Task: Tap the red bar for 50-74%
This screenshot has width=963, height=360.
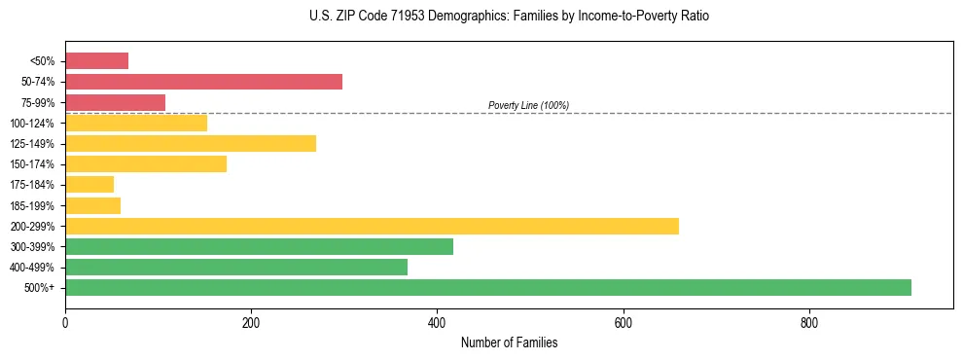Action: (203, 81)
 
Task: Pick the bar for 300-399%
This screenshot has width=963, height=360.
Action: (259, 246)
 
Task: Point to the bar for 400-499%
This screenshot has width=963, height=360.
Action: (236, 267)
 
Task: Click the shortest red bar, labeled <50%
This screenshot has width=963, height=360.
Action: (96, 60)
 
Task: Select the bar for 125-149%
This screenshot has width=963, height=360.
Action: (191, 143)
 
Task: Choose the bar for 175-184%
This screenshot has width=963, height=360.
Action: (89, 184)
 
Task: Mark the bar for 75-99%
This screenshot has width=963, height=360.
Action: (115, 102)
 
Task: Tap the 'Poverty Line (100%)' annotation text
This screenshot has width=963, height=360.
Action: (528, 105)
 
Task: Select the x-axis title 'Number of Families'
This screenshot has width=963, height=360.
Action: (509, 342)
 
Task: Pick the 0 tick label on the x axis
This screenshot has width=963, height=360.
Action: (65, 322)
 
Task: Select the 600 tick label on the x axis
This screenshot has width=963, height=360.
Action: (624, 322)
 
